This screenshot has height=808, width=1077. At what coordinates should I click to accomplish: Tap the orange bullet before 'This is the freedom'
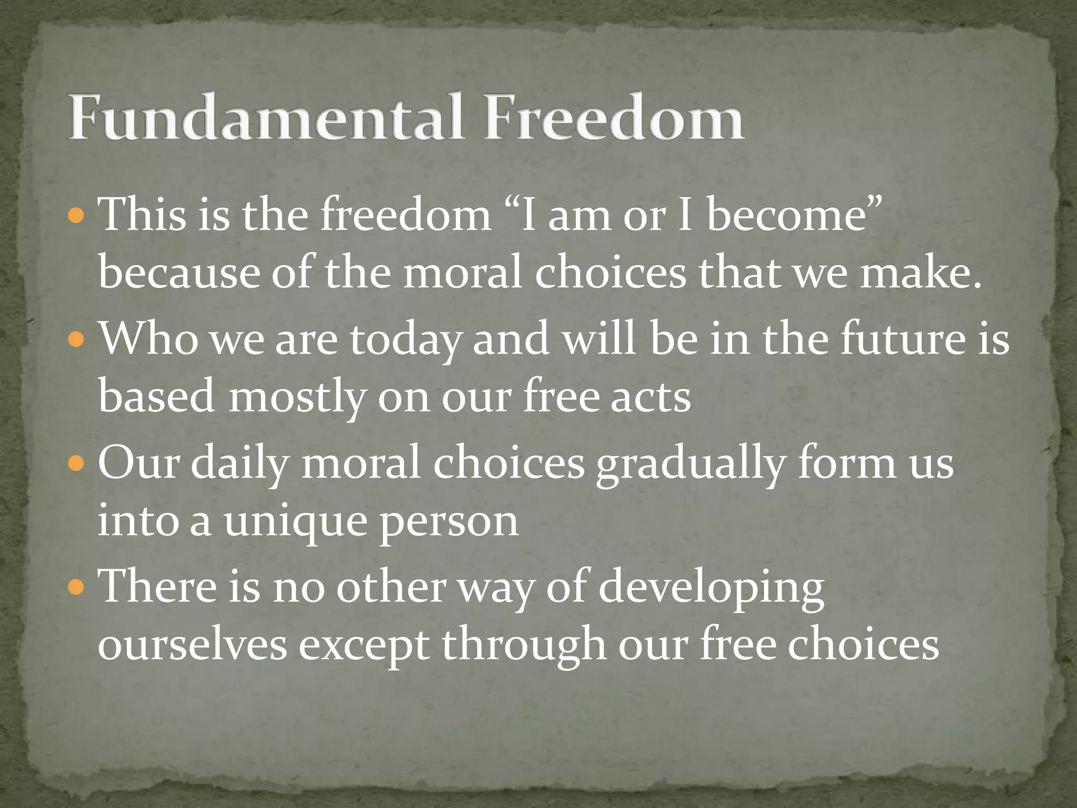pos(77,216)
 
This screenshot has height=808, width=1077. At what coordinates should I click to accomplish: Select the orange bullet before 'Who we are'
pos(77,340)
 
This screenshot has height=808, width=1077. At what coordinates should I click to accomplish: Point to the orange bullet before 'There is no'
pos(77,586)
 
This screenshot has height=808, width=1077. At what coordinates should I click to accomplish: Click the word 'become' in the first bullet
pos(786,215)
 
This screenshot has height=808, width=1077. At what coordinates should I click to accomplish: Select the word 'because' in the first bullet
pos(179,274)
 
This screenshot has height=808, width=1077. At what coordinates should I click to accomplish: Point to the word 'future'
pos(902,339)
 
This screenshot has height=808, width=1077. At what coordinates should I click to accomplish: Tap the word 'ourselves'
pos(192,645)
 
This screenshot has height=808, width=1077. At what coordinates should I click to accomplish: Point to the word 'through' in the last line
pos(523,645)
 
